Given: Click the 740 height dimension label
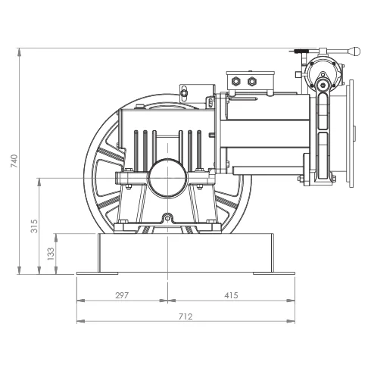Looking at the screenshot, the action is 14,161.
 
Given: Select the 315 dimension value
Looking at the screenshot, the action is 34,226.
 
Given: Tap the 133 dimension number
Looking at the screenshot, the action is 51,254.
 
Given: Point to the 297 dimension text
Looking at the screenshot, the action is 122,295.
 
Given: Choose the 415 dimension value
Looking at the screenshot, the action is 231,295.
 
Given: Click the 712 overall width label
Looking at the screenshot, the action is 185,316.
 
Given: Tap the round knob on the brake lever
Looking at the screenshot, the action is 355,51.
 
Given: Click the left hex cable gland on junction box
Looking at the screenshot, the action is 235,81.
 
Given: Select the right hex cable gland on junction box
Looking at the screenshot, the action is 252,81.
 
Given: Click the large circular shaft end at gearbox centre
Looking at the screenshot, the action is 168,178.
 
